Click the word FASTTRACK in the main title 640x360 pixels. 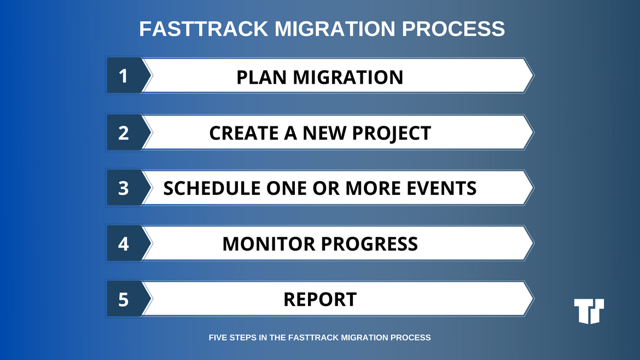(203, 28)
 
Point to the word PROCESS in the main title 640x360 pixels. (453, 28)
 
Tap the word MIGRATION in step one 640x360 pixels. (348, 77)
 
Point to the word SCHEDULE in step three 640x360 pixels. (212, 188)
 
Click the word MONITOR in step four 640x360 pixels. (269, 243)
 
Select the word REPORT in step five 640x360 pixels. (320, 299)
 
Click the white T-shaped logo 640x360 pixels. (589, 311)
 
